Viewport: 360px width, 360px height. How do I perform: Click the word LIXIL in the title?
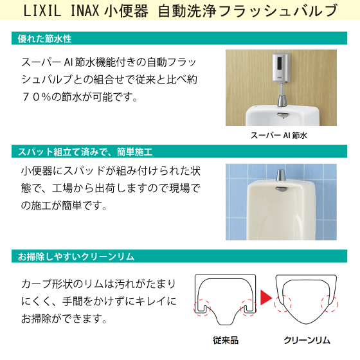(46, 12)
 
